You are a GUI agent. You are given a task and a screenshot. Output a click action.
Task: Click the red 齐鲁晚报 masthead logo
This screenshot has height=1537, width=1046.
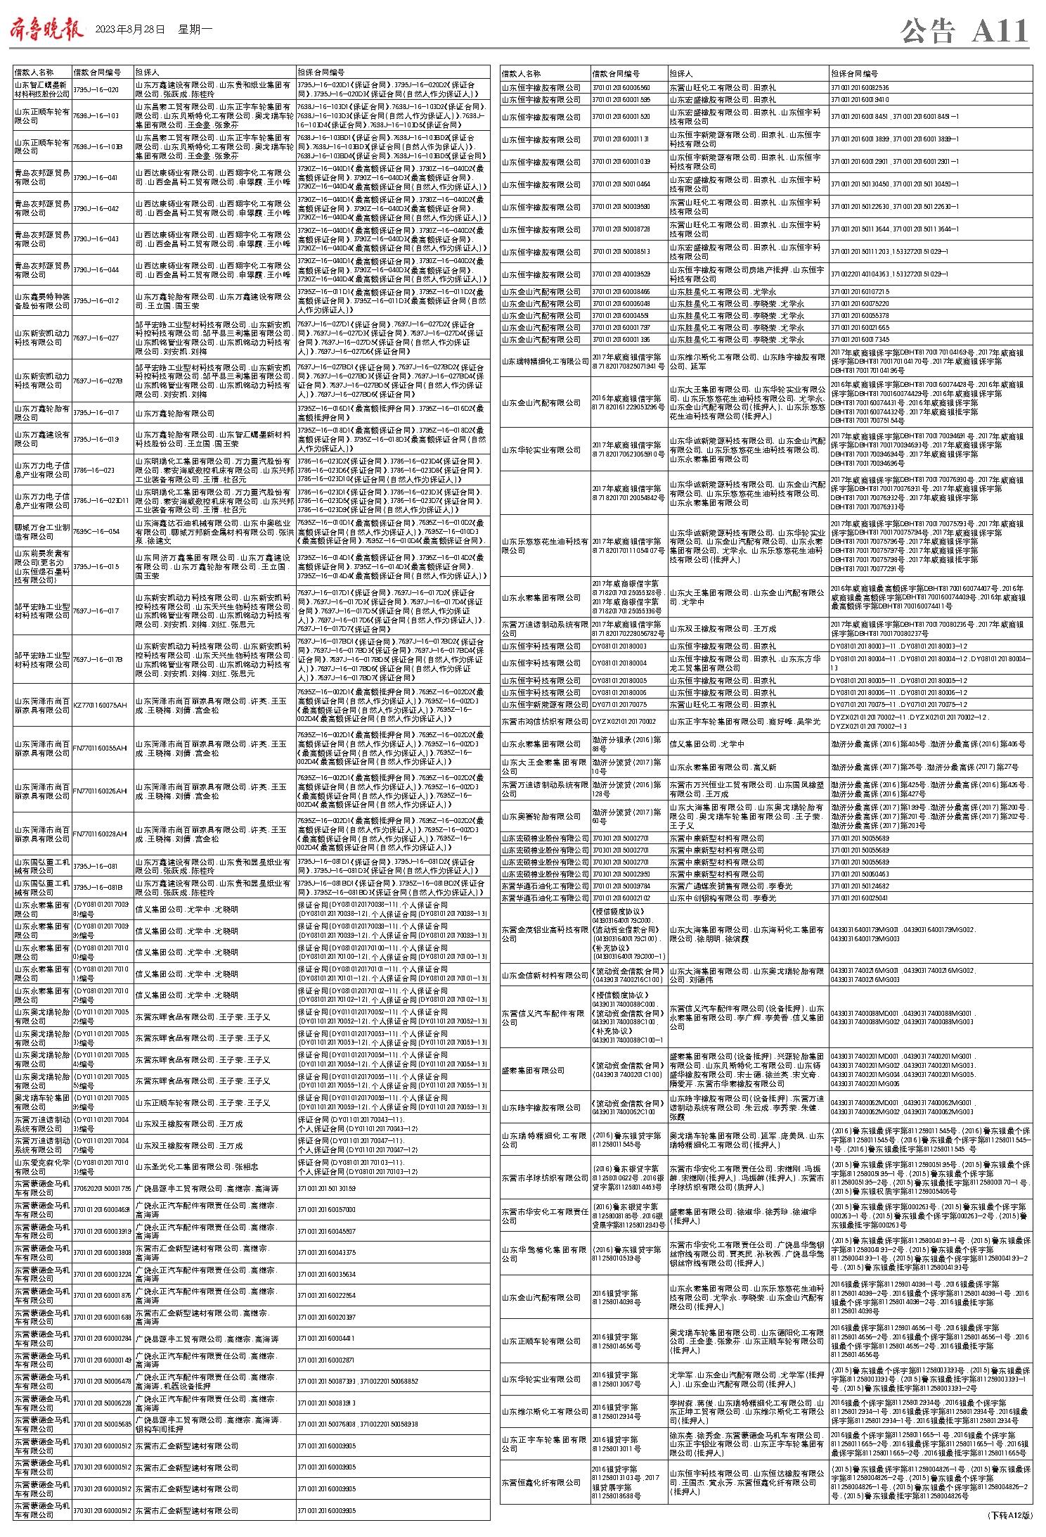[x=46, y=30]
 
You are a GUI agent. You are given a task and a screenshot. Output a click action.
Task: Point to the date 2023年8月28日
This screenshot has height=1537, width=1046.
[x=129, y=30]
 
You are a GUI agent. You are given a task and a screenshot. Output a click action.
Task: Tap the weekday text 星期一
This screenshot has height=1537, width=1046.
[x=195, y=30]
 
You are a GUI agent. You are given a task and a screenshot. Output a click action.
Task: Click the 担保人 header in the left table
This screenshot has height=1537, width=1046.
[x=147, y=72]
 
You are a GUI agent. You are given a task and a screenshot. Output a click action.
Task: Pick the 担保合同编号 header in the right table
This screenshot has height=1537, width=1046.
[x=854, y=73]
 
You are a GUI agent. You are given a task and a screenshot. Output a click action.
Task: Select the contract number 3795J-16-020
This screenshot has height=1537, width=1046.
[x=96, y=89]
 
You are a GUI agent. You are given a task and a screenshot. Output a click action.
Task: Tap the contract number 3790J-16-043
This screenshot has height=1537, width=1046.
[x=96, y=239]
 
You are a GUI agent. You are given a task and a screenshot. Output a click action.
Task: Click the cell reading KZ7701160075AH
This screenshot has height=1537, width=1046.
[x=101, y=705]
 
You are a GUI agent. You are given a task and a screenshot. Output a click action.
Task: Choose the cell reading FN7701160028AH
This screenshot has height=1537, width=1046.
[x=101, y=834]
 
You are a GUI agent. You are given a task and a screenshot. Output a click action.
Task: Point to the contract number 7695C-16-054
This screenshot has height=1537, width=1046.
[x=96, y=532]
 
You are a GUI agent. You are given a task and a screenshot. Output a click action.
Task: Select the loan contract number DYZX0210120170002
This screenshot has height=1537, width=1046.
[x=624, y=721]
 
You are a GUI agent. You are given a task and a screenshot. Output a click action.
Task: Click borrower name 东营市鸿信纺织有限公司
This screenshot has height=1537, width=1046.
[x=544, y=721]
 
